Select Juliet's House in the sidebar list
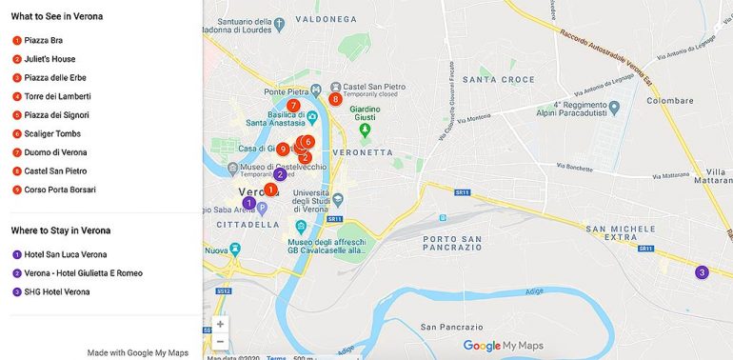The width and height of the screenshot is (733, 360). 50,59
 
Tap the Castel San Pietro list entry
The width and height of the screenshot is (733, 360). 55,171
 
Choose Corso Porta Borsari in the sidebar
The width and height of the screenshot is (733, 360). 59,190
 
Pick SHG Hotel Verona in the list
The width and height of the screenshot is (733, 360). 56,291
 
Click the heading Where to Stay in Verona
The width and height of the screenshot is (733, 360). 61,230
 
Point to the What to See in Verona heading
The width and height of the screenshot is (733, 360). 57,16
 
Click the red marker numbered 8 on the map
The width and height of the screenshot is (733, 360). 335,99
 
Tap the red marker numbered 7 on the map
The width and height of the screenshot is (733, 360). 293,106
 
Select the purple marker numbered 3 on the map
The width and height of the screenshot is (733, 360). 702,272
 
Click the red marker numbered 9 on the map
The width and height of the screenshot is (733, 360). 283,150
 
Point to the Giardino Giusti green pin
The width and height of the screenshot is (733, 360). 363,130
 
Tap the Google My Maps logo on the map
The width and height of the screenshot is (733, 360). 502,346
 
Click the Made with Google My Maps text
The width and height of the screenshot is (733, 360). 138,352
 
